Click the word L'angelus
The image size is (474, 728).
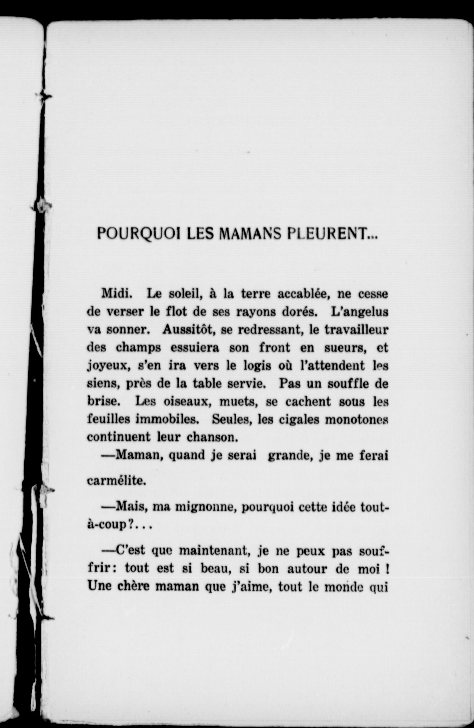click(360, 312)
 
